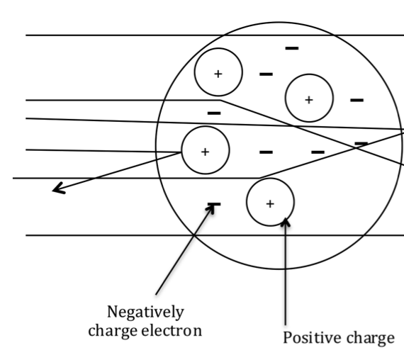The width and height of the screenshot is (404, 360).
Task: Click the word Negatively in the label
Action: (x=145, y=313)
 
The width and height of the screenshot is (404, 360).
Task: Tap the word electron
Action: (x=172, y=331)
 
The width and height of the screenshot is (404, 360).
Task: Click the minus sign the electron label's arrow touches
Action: (x=214, y=204)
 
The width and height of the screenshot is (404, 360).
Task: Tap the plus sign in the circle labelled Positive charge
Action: (x=270, y=204)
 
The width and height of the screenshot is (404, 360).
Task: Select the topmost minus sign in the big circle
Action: (x=292, y=48)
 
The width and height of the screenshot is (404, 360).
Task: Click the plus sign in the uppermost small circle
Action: (x=218, y=74)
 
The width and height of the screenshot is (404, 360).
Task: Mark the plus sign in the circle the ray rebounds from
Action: (x=205, y=152)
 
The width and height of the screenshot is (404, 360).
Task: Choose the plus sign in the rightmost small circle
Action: (x=309, y=100)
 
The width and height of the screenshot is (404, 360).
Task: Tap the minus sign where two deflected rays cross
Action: (x=361, y=143)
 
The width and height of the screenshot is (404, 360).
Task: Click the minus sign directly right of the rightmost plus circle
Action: (x=357, y=100)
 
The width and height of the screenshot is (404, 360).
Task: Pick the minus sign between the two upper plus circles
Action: (x=266, y=74)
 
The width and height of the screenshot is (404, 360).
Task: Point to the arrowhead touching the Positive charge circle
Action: (x=285, y=222)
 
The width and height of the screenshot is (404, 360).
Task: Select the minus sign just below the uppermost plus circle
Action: (x=214, y=113)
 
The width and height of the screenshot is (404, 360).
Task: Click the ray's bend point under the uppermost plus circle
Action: (x=220, y=100)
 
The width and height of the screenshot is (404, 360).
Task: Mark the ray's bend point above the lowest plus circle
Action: (x=259, y=178)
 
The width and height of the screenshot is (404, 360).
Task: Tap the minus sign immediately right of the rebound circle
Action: (x=266, y=152)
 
